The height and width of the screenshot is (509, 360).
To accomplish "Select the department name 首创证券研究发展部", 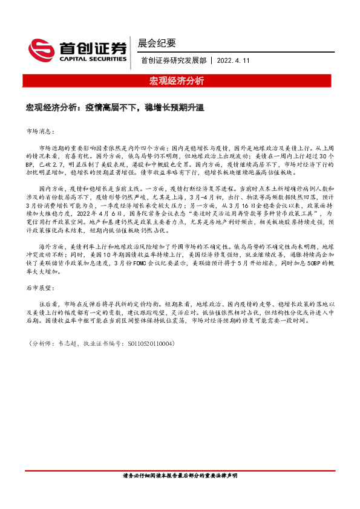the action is pos(173,60).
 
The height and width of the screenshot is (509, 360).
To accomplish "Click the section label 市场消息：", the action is pos(41,131).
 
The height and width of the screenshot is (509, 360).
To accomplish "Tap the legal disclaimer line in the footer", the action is pos(180,493).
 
